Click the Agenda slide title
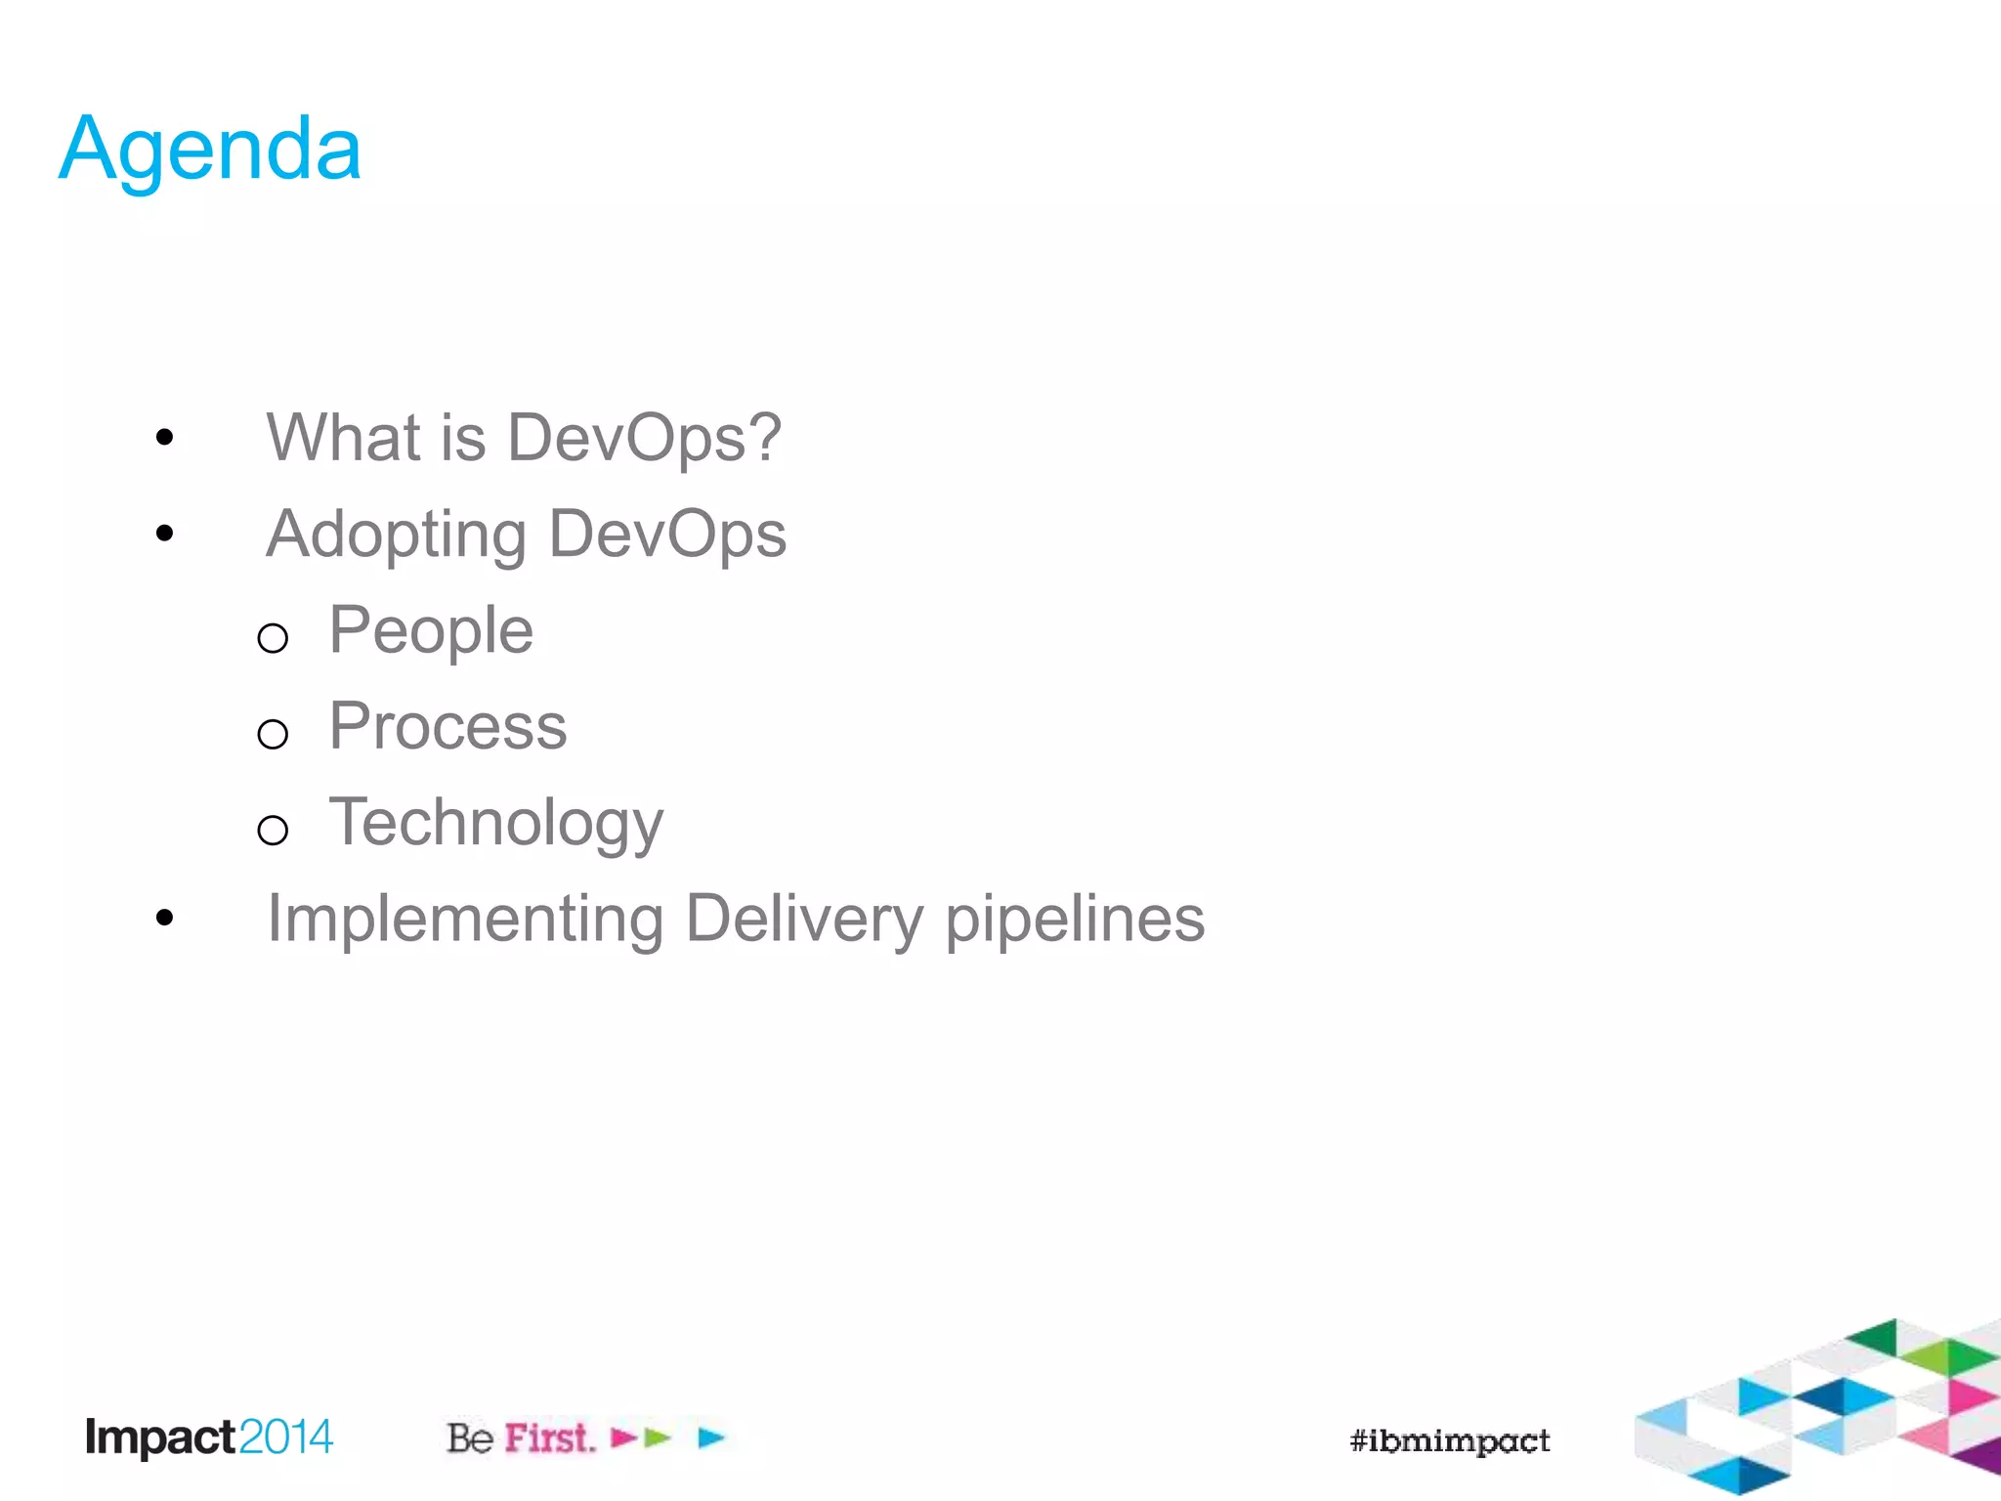coord(210,150)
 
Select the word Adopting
coord(396,536)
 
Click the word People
coord(431,631)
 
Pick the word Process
coord(447,726)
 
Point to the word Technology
coord(495,824)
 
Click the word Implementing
coord(465,920)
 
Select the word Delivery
coord(803,920)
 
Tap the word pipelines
coord(1075,920)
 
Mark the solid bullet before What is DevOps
coord(164,437)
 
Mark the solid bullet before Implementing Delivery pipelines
coord(164,918)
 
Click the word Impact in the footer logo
coord(160,1437)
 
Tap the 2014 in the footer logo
coord(285,1437)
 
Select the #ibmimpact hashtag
coord(1449,1440)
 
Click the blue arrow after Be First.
coord(711,1437)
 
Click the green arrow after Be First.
coord(659,1437)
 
